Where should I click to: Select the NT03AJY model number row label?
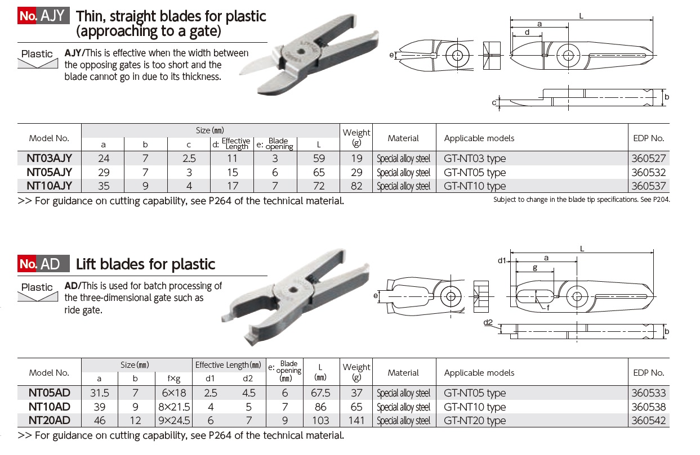tap(49, 159)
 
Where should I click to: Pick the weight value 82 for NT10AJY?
tap(356, 186)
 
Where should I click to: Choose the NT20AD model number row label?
tap(49, 420)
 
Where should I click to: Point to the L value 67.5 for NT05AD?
tap(320, 393)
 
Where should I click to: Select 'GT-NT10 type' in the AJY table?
tap(475, 186)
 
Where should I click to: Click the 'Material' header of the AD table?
tap(403, 372)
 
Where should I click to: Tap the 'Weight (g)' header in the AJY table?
tap(356, 138)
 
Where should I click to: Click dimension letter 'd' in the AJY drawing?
tap(527, 33)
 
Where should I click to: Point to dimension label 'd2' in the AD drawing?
tap(488, 322)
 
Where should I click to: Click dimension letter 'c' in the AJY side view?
tap(494, 102)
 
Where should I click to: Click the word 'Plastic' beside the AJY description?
tap(37, 54)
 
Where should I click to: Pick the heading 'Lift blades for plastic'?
tap(145, 264)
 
